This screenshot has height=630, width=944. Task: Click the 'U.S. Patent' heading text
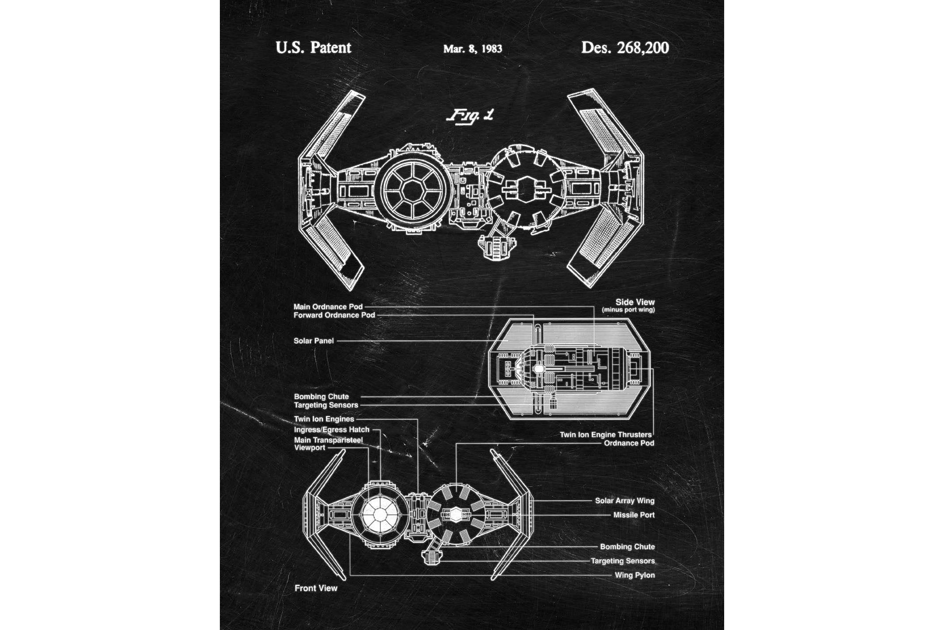pyautogui.click(x=313, y=48)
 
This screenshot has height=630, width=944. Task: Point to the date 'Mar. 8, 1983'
pyautogui.click(x=472, y=49)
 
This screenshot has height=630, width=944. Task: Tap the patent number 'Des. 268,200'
pyautogui.click(x=625, y=48)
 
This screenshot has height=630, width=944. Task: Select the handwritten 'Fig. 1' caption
pyautogui.click(x=470, y=116)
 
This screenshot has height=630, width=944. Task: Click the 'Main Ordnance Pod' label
pyautogui.click(x=328, y=307)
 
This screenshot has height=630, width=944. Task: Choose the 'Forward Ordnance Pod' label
pyautogui.click(x=334, y=315)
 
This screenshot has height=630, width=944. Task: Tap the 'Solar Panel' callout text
pyautogui.click(x=314, y=341)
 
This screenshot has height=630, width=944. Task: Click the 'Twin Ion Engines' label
pyautogui.click(x=324, y=419)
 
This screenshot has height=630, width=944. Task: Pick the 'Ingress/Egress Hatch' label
pyautogui.click(x=331, y=430)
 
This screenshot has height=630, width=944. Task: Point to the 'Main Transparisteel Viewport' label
pyautogui.click(x=328, y=444)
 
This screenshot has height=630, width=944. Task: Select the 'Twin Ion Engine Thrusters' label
pyautogui.click(x=605, y=435)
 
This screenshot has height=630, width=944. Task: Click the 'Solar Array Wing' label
pyautogui.click(x=624, y=501)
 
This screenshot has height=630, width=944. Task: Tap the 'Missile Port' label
pyautogui.click(x=633, y=515)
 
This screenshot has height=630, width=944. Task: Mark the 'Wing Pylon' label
pyautogui.click(x=634, y=575)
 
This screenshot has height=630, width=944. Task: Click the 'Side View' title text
pyautogui.click(x=635, y=302)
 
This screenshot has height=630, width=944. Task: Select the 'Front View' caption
pyautogui.click(x=316, y=588)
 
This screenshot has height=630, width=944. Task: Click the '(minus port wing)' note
pyautogui.click(x=628, y=310)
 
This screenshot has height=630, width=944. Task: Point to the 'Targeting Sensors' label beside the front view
pyautogui.click(x=622, y=561)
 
